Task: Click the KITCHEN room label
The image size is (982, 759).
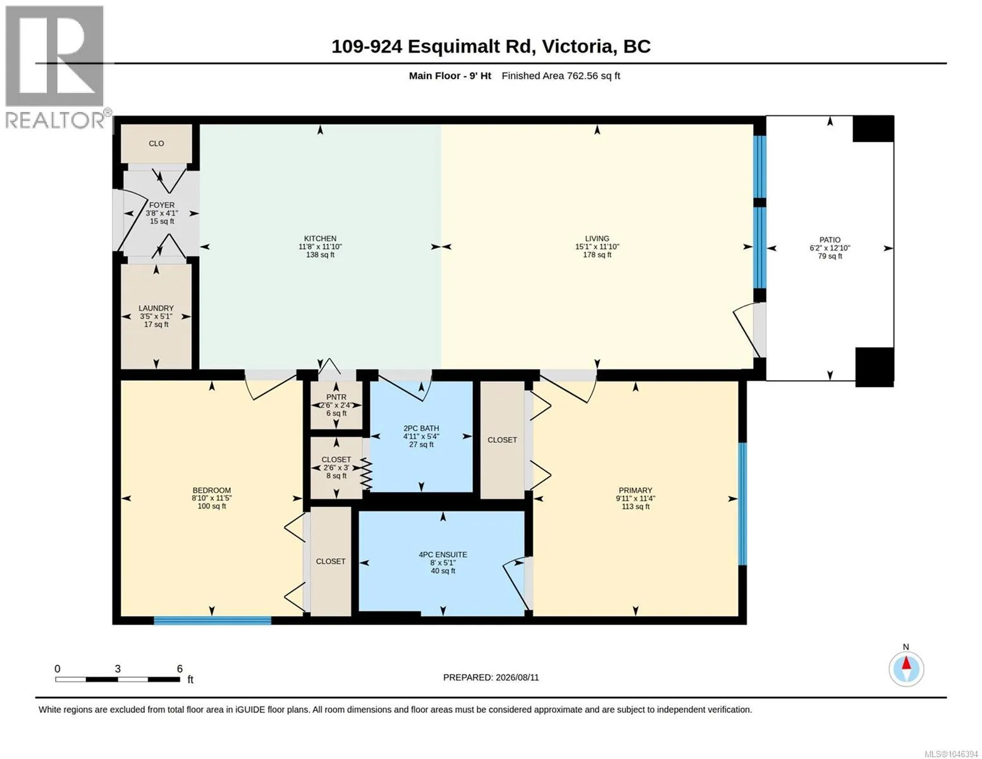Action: click(x=320, y=238)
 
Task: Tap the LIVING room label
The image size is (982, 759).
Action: click(x=597, y=238)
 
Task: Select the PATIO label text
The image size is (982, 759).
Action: click(x=830, y=240)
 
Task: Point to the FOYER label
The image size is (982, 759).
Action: click(x=162, y=205)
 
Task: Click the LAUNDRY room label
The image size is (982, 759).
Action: click(x=156, y=308)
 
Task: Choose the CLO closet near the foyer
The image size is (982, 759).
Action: click(x=156, y=144)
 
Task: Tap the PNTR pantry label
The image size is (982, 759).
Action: click(x=336, y=397)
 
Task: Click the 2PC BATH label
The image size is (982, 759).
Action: click(x=421, y=428)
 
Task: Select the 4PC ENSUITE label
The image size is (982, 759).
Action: click(x=443, y=555)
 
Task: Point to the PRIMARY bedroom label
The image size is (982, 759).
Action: click(x=635, y=490)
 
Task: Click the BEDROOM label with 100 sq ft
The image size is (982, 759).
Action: click(x=211, y=490)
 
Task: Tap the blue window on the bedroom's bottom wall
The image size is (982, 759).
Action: click(x=212, y=620)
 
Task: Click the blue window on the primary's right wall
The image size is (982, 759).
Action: click(x=742, y=503)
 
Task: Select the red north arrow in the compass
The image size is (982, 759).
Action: click(x=906, y=663)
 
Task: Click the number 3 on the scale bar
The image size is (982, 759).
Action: click(x=118, y=669)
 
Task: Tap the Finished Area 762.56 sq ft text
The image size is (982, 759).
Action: click(x=560, y=76)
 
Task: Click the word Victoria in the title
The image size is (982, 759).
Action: click(x=577, y=47)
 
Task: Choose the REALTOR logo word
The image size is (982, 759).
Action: click(x=55, y=120)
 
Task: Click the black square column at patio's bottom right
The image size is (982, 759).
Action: click(x=875, y=367)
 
